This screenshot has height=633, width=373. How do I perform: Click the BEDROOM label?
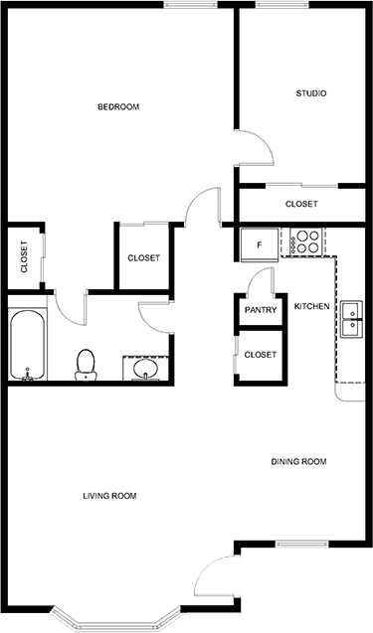[x=118, y=107]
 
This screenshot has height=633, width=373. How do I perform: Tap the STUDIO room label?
[x=311, y=93]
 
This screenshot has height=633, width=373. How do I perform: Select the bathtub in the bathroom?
[x=27, y=345]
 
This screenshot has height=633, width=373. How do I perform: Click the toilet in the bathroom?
[x=86, y=365]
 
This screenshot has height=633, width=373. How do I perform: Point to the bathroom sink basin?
[x=146, y=369]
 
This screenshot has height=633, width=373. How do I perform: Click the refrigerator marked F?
[x=260, y=244]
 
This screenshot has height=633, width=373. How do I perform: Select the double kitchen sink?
[x=350, y=319]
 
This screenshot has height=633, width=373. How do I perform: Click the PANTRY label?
[x=261, y=310]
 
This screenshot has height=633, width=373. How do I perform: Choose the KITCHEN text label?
[x=311, y=306]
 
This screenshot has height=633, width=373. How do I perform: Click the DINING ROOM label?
[x=298, y=461]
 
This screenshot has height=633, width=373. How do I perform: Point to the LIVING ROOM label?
[x=109, y=496]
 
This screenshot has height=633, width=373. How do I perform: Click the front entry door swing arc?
[x=204, y=568]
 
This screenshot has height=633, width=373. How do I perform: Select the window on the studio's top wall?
[x=282, y=5]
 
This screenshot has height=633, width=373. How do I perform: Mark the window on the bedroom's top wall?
[x=190, y=5]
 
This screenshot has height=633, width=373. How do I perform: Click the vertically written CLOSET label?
[x=24, y=256]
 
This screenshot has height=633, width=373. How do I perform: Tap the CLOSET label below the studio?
[x=301, y=204]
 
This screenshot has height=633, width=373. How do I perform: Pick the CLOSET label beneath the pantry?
[x=261, y=355]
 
